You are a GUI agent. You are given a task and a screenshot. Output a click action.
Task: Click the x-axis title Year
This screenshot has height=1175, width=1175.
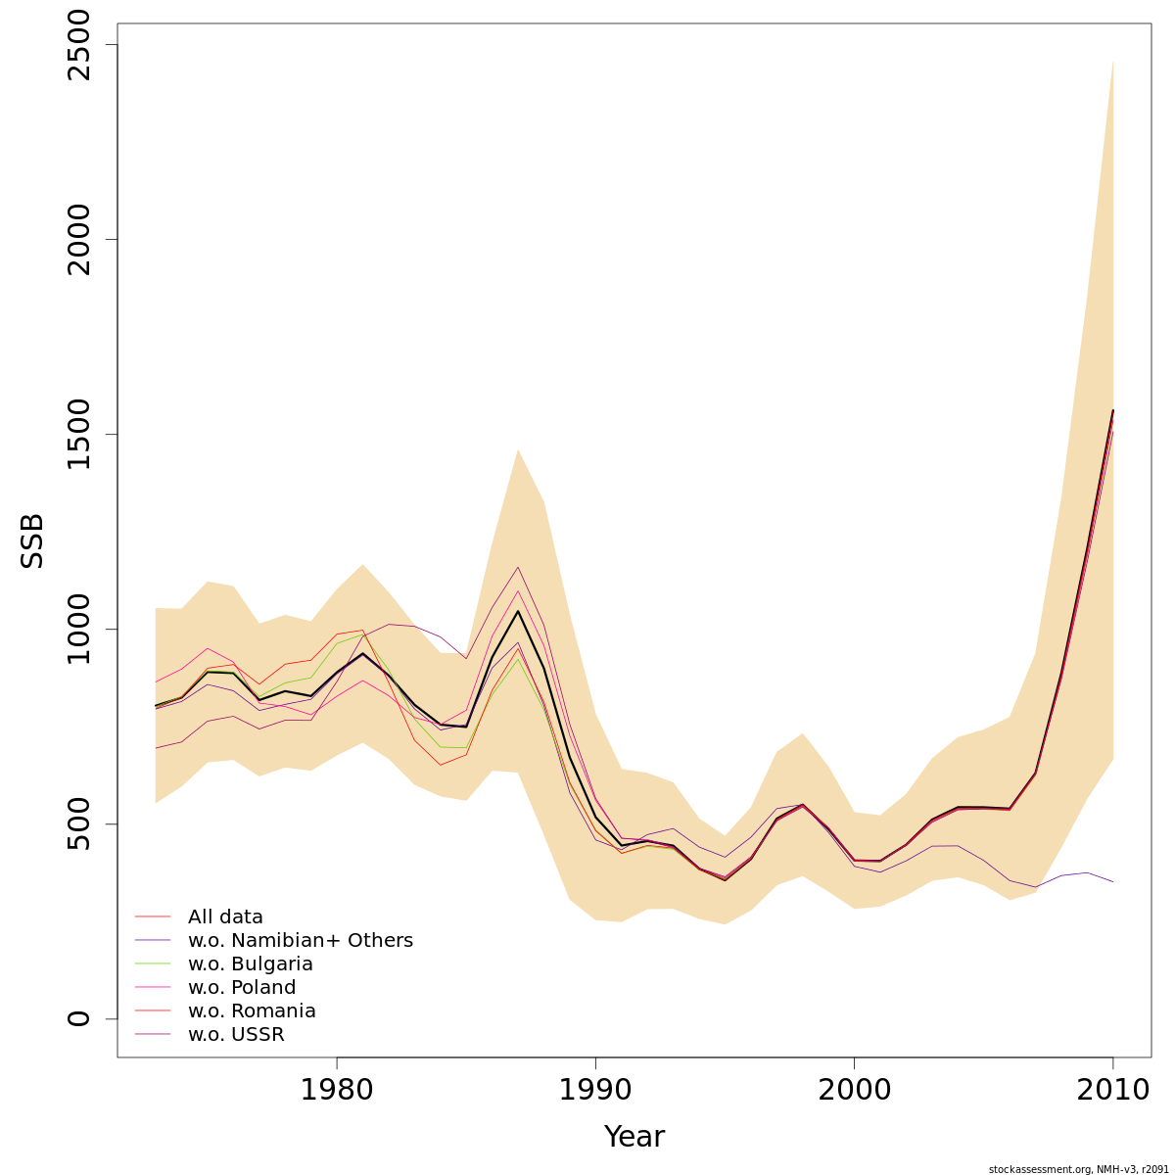(634, 1137)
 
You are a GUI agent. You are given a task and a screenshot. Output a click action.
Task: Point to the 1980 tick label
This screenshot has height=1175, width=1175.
(337, 1090)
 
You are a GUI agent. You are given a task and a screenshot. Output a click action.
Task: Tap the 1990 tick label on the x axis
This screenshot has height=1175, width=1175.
(595, 1090)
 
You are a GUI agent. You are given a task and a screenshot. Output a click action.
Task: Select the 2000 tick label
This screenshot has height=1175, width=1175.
(854, 1090)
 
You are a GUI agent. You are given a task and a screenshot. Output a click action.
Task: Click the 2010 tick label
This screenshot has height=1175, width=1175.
(1112, 1090)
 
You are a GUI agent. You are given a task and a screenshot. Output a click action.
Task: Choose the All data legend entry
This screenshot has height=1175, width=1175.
(225, 917)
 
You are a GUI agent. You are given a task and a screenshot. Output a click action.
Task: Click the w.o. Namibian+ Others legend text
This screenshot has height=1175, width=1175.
(300, 941)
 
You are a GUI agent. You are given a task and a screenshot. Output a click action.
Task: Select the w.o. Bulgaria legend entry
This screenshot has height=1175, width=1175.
(250, 964)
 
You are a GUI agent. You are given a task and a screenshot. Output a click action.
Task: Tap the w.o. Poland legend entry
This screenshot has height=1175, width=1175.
(241, 988)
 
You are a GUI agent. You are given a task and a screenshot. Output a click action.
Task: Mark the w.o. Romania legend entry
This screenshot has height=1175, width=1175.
(252, 1011)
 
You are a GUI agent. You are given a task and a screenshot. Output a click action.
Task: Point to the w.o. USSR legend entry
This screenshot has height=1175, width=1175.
(236, 1035)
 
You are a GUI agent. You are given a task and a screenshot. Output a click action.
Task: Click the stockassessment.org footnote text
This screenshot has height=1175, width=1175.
(1078, 1169)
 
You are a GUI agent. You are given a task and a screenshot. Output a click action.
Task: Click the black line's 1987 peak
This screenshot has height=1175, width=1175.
(518, 611)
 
